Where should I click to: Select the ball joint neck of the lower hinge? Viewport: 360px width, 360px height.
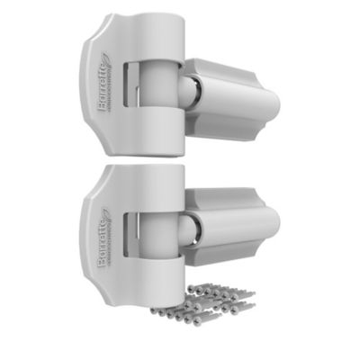[193, 229]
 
